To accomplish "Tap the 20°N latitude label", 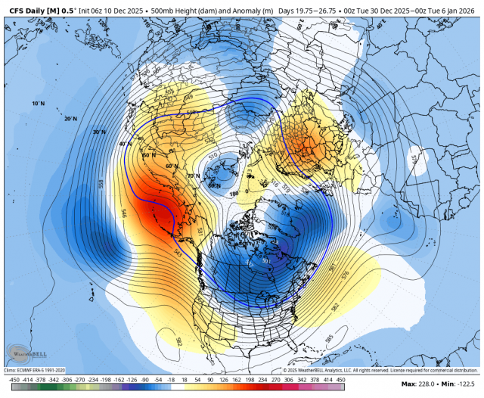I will click(x=70, y=119).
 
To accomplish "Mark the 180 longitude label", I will click(x=234, y=194).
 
